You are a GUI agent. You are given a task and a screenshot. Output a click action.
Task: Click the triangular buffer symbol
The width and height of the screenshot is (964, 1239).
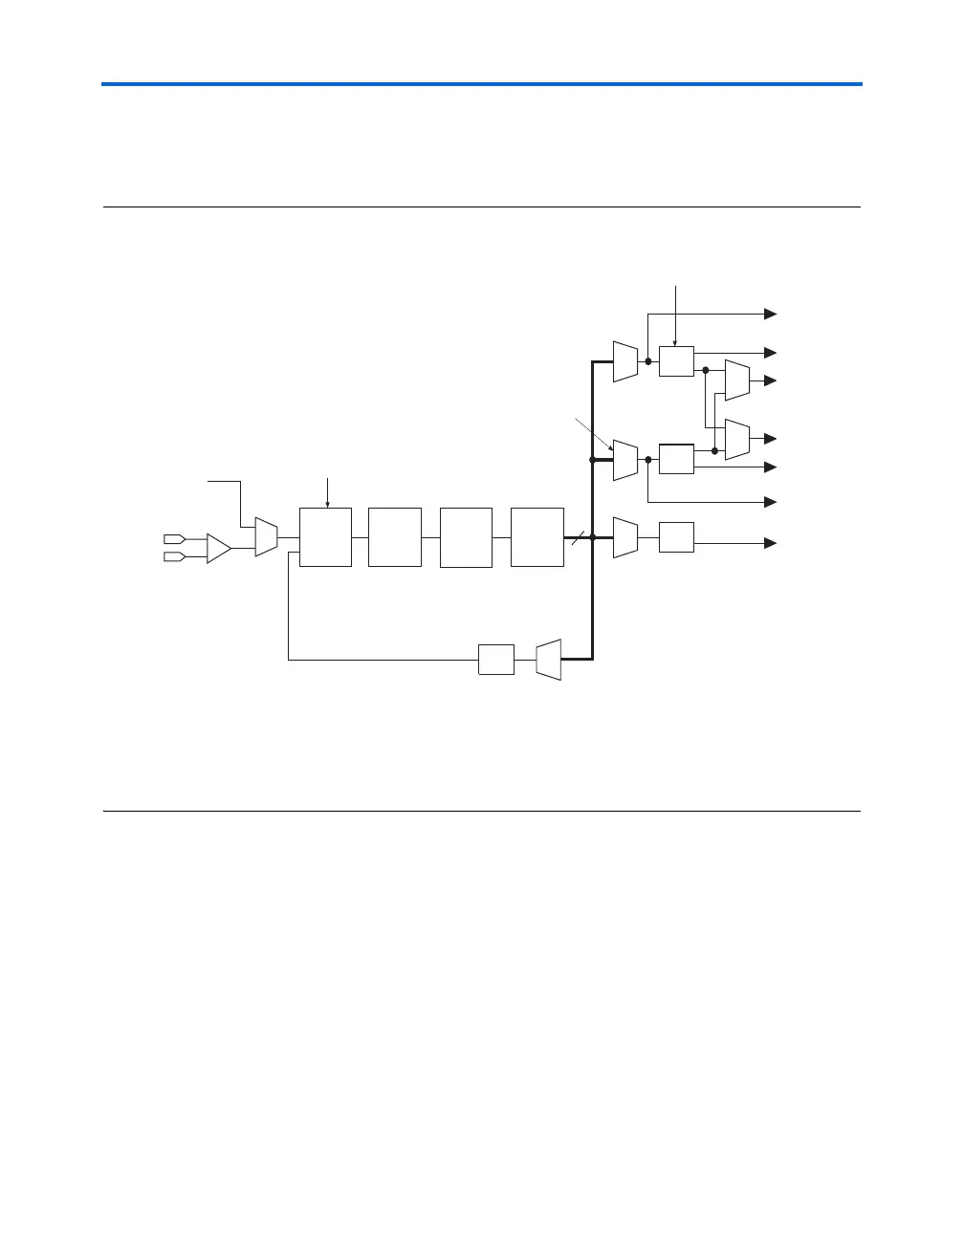(218, 549)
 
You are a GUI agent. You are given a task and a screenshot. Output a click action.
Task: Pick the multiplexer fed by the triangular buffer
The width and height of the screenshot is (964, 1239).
(266, 537)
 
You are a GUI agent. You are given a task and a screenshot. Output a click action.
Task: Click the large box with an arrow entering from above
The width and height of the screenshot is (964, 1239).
(325, 537)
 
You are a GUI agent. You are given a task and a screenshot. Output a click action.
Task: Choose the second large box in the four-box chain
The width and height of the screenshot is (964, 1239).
(394, 537)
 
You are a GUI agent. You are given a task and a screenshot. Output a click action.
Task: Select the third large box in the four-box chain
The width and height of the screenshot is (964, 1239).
(466, 537)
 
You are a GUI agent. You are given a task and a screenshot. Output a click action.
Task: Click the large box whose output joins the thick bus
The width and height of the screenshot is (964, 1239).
(537, 537)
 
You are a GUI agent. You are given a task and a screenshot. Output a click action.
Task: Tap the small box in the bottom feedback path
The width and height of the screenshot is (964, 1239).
(495, 660)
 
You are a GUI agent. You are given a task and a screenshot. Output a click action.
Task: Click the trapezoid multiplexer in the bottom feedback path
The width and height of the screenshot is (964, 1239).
(548, 660)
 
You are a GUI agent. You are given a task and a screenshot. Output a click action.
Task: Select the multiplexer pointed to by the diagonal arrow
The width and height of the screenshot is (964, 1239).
(624, 460)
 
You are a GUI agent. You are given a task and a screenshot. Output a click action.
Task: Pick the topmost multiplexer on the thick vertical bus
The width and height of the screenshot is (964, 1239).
(624, 361)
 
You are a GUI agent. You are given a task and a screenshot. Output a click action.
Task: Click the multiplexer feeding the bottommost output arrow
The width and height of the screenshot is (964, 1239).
(624, 537)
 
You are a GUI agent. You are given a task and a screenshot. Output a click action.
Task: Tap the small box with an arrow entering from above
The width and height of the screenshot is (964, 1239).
(676, 361)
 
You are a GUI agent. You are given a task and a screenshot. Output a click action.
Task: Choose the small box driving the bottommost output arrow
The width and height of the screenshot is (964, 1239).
(676, 537)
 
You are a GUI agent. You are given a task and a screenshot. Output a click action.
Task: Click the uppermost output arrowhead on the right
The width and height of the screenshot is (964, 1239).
(770, 314)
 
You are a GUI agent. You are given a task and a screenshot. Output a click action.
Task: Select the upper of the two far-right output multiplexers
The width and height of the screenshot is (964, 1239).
(736, 380)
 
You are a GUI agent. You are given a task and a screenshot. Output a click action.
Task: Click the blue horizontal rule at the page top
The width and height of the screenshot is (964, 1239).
(482, 85)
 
